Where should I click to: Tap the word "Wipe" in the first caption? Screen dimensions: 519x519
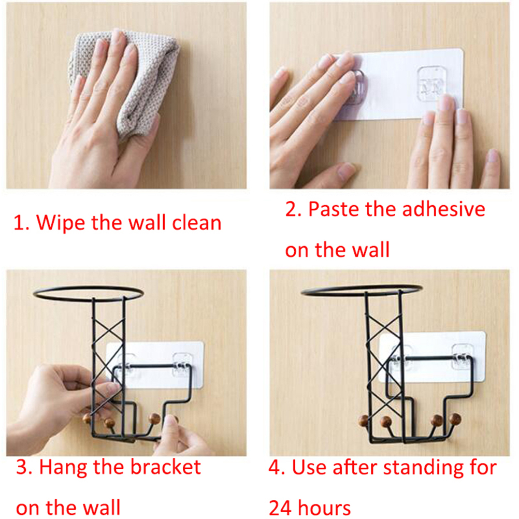[x=60, y=222]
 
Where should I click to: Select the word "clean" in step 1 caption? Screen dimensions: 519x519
[x=197, y=222]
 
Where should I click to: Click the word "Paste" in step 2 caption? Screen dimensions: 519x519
[x=334, y=209]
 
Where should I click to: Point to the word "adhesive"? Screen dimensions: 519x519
[x=443, y=209]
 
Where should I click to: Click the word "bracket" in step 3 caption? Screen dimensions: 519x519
[x=166, y=467]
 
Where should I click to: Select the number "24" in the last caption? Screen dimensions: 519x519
[x=280, y=508]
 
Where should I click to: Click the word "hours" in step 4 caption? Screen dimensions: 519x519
[x=324, y=508]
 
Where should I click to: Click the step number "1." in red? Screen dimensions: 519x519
[x=22, y=223]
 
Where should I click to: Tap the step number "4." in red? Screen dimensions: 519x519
[x=277, y=467]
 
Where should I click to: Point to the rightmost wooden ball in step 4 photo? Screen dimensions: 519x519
[x=455, y=419]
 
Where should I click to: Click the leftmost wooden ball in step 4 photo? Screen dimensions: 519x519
[x=365, y=421]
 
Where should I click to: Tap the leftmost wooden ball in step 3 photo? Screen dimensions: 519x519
[x=87, y=419]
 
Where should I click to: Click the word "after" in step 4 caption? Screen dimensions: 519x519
[x=354, y=467]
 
